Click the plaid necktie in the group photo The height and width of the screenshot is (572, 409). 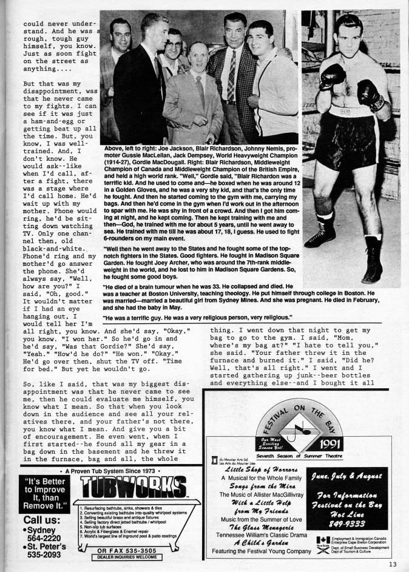231,76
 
